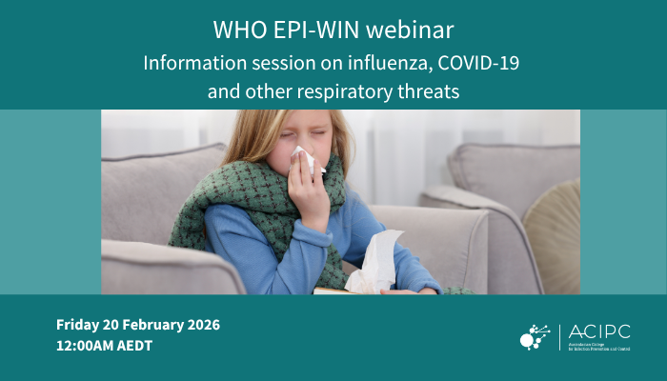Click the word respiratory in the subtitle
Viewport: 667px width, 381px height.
(x=361, y=92)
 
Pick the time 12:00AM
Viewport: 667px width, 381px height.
(x=84, y=346)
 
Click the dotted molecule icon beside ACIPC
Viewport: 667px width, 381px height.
(x=535, y=335)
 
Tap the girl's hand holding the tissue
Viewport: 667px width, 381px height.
(x=307, y=195)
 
